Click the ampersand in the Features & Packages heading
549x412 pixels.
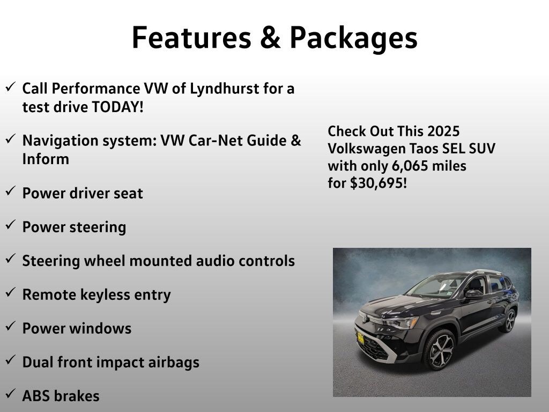tap(270, 38)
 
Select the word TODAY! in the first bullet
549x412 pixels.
tap(117, 107)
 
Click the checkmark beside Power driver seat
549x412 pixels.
tap(11, 190)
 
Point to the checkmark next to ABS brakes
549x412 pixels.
tap(11, 393)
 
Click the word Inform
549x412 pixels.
tap(46, 159)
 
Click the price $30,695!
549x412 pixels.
tap(379, 183)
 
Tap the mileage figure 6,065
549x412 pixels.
tap(410, 166)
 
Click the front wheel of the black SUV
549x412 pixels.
tap(440, 350)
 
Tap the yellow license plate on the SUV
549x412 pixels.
tap(361, 338)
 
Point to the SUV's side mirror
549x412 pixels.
tap(474, 294)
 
